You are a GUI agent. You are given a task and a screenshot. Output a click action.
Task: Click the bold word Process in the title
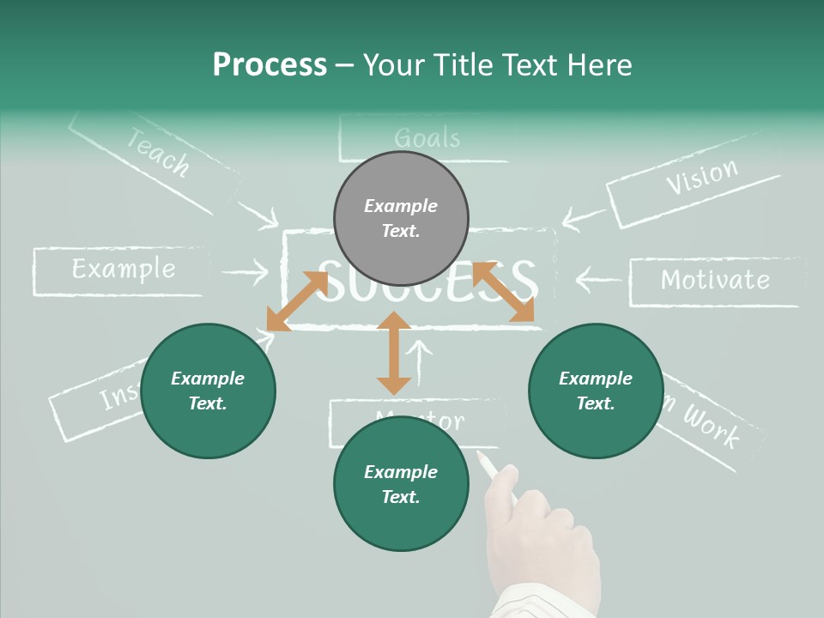[x=270, y=65]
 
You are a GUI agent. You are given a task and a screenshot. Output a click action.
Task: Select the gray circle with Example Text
[x=401, y=219]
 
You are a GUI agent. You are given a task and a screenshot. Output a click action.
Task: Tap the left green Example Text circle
[x=208, y=391]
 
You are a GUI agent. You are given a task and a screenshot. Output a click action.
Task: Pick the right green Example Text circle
[x=596, y=391]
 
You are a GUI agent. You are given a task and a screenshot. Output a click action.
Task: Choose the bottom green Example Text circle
[x=401, y=484]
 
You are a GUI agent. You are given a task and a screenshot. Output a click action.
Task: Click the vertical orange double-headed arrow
[x=394, y=353]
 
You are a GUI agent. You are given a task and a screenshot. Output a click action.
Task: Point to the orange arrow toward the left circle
[x=297, y=301]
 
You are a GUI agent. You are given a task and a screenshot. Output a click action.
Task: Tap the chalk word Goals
[x=427, y=138]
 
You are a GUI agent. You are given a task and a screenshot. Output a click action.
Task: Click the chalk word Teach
[x=158, y=152]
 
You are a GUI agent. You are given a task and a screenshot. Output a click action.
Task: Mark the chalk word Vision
[x=701, y=177]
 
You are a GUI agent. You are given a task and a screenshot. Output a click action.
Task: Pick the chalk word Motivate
[x=715, y=280]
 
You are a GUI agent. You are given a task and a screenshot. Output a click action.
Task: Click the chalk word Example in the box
[x=123, y=270]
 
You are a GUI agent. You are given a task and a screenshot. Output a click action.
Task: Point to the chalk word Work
[x=710, y=425]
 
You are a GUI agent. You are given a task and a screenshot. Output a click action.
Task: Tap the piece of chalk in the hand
[x=488, y=466]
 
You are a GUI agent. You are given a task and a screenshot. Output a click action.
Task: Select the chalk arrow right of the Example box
[x=245, y=274]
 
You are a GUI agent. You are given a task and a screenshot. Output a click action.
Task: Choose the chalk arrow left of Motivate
[x=597, y=279]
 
